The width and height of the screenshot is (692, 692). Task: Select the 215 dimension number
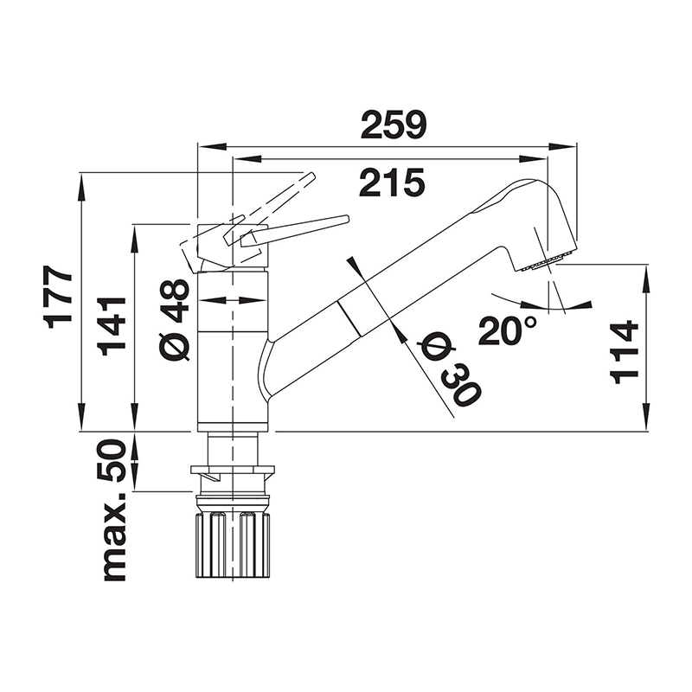pyautogui.click(x=392, y=183)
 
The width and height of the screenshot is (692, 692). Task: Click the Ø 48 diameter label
pyautogui.click(x=176, y=320)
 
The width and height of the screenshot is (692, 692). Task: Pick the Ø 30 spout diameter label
pyautogui.click(x=450, y=370)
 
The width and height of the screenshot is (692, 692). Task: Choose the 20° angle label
pyautogui.click(x=508, y=330)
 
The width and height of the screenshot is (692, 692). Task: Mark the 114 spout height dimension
pyautogui.click(x=624, y=353)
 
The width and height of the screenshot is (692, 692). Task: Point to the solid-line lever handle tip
pyautogui.click(x=347, y=219)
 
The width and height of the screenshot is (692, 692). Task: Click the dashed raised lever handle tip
pyautogui.click(x=311, y=176)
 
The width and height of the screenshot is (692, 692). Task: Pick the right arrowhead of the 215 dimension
pyautogui.click(x=534, y=159)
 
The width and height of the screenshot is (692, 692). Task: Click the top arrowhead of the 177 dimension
pyautogui.click(x=81, y=187)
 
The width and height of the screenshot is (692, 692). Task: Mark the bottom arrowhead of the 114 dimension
pyautogui.click(x=647, y=416)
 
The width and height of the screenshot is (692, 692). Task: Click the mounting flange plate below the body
pyautogui.click(x=233, y=470)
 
